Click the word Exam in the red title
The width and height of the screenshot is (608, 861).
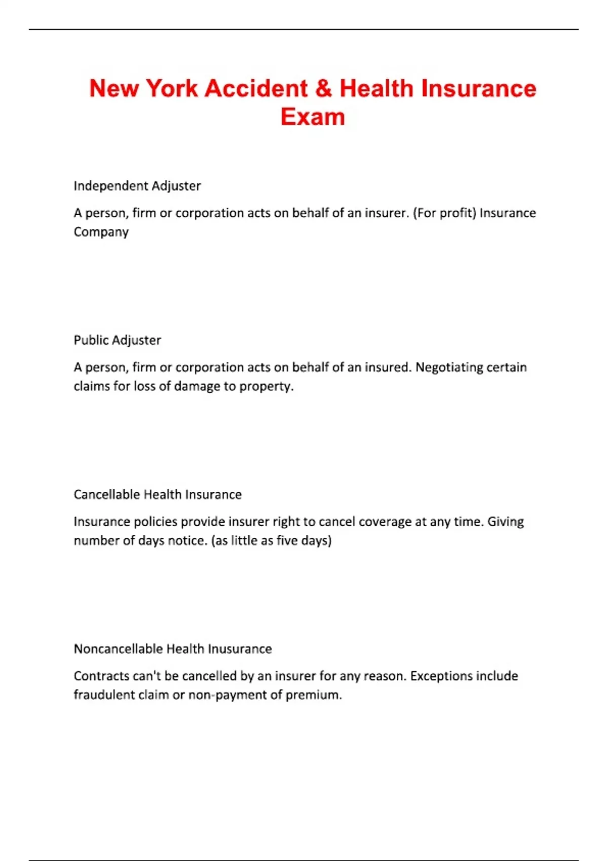coord(313,117)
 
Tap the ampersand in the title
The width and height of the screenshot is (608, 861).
coord(323,89)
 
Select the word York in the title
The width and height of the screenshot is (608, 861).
coord(172,89)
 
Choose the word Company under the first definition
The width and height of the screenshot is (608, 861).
coord(101,232)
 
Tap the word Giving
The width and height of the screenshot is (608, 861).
coord(505,522)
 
